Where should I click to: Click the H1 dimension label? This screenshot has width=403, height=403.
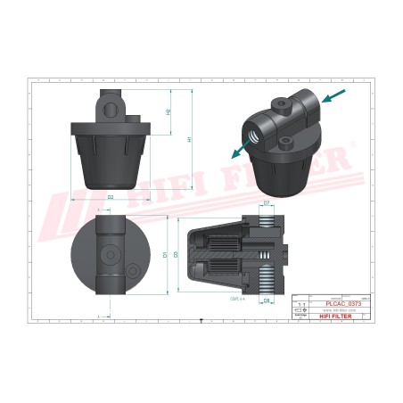189,139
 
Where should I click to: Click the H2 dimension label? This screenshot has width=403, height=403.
169,112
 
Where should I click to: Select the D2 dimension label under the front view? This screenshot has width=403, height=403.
110,195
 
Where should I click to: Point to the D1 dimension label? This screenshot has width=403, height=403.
166,255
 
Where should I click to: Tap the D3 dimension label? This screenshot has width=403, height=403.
177,255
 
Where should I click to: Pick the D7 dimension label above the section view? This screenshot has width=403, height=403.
267,205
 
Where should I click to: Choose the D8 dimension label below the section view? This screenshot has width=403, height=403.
267,301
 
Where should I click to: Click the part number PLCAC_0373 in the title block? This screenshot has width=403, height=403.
332,304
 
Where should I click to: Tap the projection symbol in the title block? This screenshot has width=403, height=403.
300,313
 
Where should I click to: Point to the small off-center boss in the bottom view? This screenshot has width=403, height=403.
132,270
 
